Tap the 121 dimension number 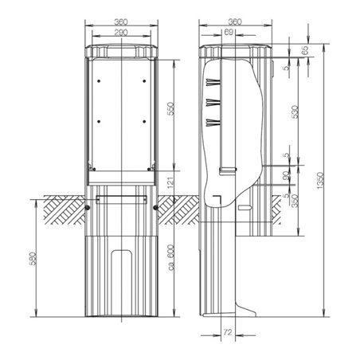(x=170, y=182)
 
